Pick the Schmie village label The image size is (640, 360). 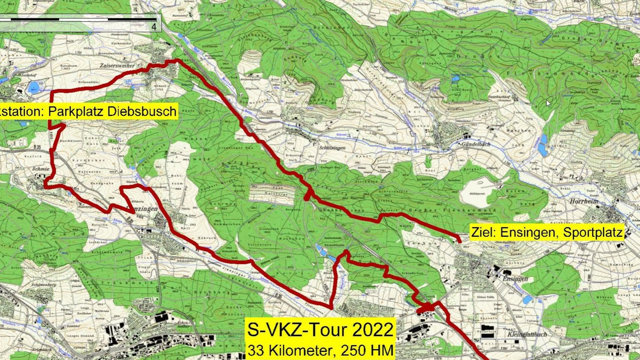point(41,169)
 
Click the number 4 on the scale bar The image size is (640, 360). point(154,27)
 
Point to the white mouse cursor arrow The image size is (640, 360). point(548,103)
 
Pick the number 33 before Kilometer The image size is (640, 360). point(255,350)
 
